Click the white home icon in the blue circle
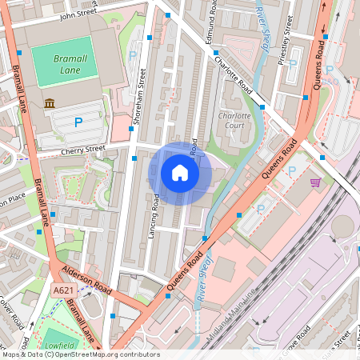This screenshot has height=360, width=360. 180,173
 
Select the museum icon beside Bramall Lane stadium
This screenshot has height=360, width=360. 50,103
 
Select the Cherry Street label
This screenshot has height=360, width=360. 83,149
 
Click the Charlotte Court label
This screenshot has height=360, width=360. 234,120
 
